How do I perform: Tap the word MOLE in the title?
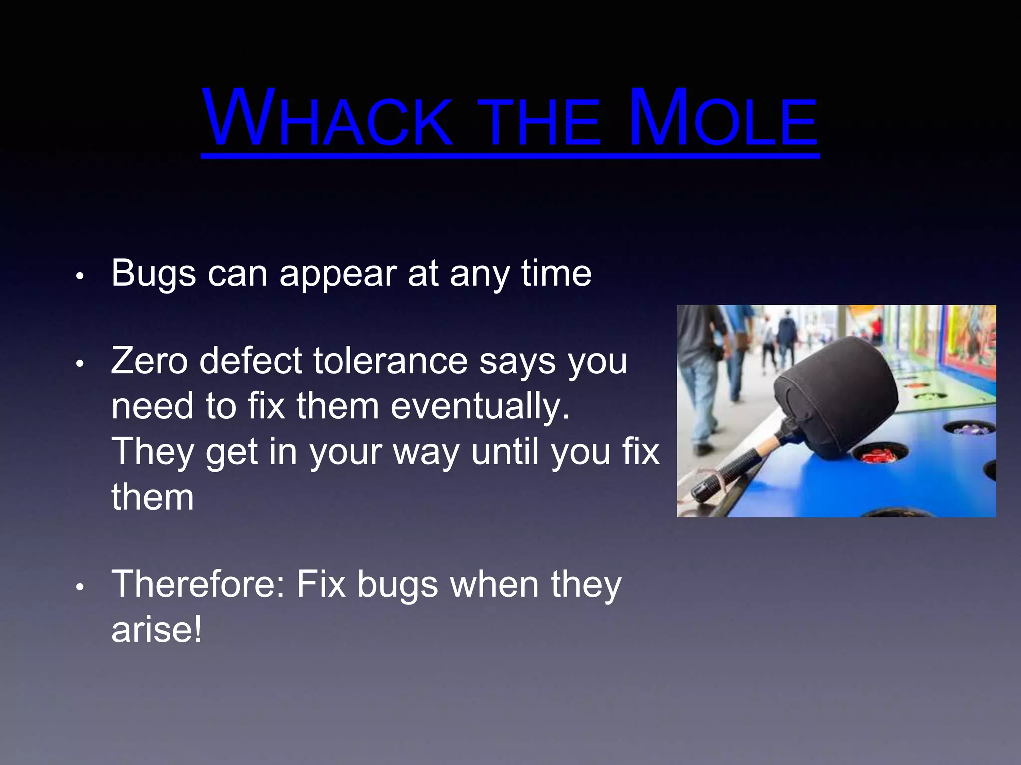(723, 120)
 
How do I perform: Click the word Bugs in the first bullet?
(154, 274)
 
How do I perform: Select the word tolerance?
(390, 361)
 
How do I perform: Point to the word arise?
(157, 630)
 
